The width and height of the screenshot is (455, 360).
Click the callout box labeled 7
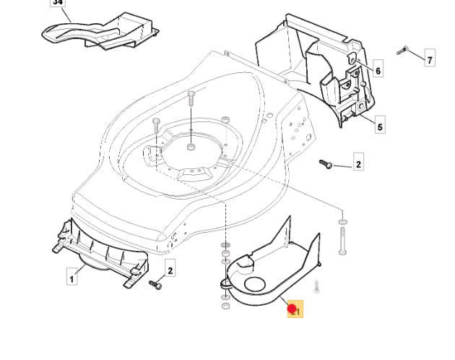click(x=430, y=59)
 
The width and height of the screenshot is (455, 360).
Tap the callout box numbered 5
click(x=380, y=126)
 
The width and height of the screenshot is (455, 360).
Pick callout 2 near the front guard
click(x=170, y=270)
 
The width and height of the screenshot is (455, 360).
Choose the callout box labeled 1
click(x=72, y=276)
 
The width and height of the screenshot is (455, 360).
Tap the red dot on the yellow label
click(x=292, y=309)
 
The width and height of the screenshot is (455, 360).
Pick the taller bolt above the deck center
click(x=191, y=101)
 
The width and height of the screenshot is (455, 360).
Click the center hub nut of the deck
click(x=191, y=147)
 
